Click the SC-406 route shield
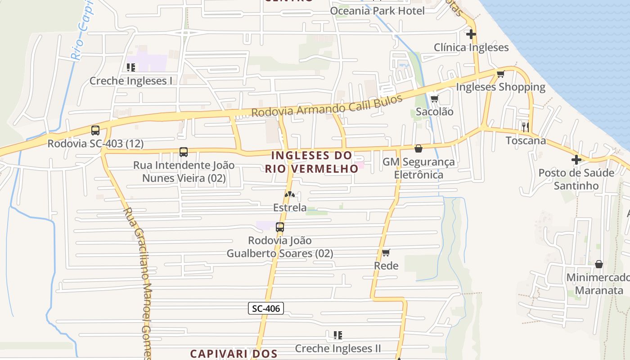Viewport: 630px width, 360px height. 265,308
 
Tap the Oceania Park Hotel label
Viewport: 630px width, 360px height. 377,11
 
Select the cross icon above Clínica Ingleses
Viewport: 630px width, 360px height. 471,34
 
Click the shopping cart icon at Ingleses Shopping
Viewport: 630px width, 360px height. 500,74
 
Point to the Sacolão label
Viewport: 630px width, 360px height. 434,112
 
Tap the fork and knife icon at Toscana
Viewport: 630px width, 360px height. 525,127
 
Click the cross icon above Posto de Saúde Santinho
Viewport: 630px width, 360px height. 576,160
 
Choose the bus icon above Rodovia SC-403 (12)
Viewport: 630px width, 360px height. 95,130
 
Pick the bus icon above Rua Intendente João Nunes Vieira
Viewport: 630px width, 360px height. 184,152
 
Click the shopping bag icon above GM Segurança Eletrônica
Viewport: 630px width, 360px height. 418,148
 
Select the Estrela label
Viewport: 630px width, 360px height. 290,208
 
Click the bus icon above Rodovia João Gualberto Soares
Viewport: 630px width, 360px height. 280,227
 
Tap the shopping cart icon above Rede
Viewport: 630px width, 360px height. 386,252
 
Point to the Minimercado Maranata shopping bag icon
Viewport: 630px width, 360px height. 598,264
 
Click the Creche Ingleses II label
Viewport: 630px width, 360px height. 337,348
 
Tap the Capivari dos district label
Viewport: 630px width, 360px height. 233,354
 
